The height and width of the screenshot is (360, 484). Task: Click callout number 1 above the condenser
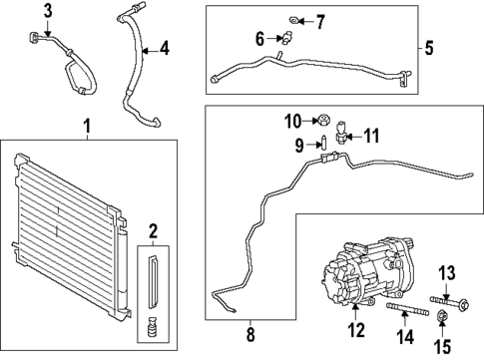click(86, 129)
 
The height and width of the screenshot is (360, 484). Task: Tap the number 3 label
click(47, 11)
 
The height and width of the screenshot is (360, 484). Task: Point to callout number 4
click(164, 47)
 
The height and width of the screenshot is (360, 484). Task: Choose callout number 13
click(447, 273)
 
